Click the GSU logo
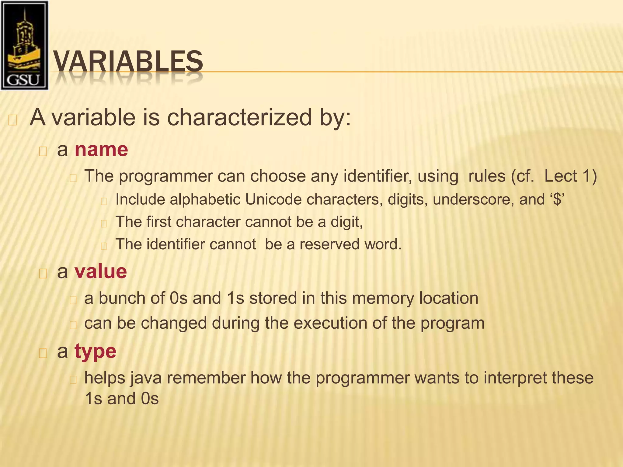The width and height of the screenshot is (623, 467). [24, 46]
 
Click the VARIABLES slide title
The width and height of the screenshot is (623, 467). [128, 62]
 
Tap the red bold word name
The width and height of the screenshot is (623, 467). [101, 150]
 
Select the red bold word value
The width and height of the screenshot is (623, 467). [101, 271]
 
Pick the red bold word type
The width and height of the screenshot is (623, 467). [95, 351]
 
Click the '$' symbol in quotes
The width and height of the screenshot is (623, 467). [557, 200]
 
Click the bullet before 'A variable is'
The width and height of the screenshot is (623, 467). [12, 120]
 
